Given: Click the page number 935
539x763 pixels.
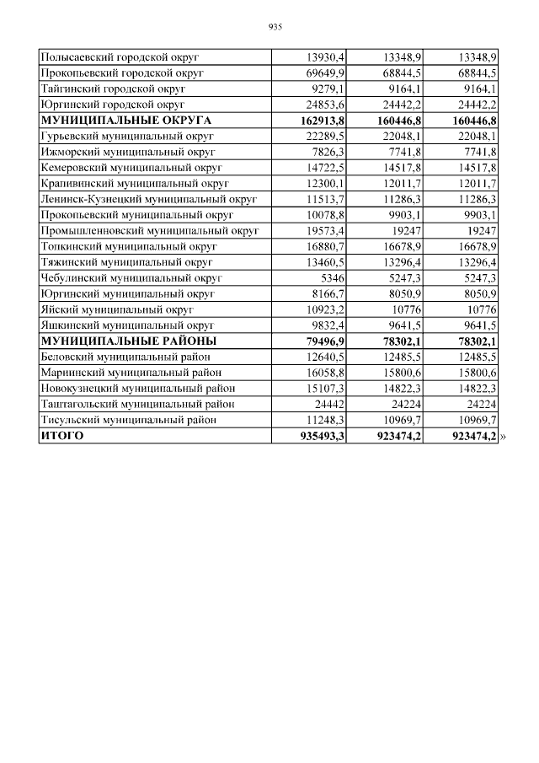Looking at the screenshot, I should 274,27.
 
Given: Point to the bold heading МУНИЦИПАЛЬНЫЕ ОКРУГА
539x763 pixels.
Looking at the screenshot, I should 125,121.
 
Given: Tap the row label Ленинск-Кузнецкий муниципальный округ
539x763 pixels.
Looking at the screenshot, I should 148,200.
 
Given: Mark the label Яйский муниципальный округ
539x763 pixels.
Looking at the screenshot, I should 117,309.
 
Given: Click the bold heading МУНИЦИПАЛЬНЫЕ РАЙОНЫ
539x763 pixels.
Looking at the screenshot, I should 128,341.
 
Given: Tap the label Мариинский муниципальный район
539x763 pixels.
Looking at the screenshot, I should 131,373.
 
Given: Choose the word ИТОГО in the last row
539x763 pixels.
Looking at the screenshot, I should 62,436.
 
